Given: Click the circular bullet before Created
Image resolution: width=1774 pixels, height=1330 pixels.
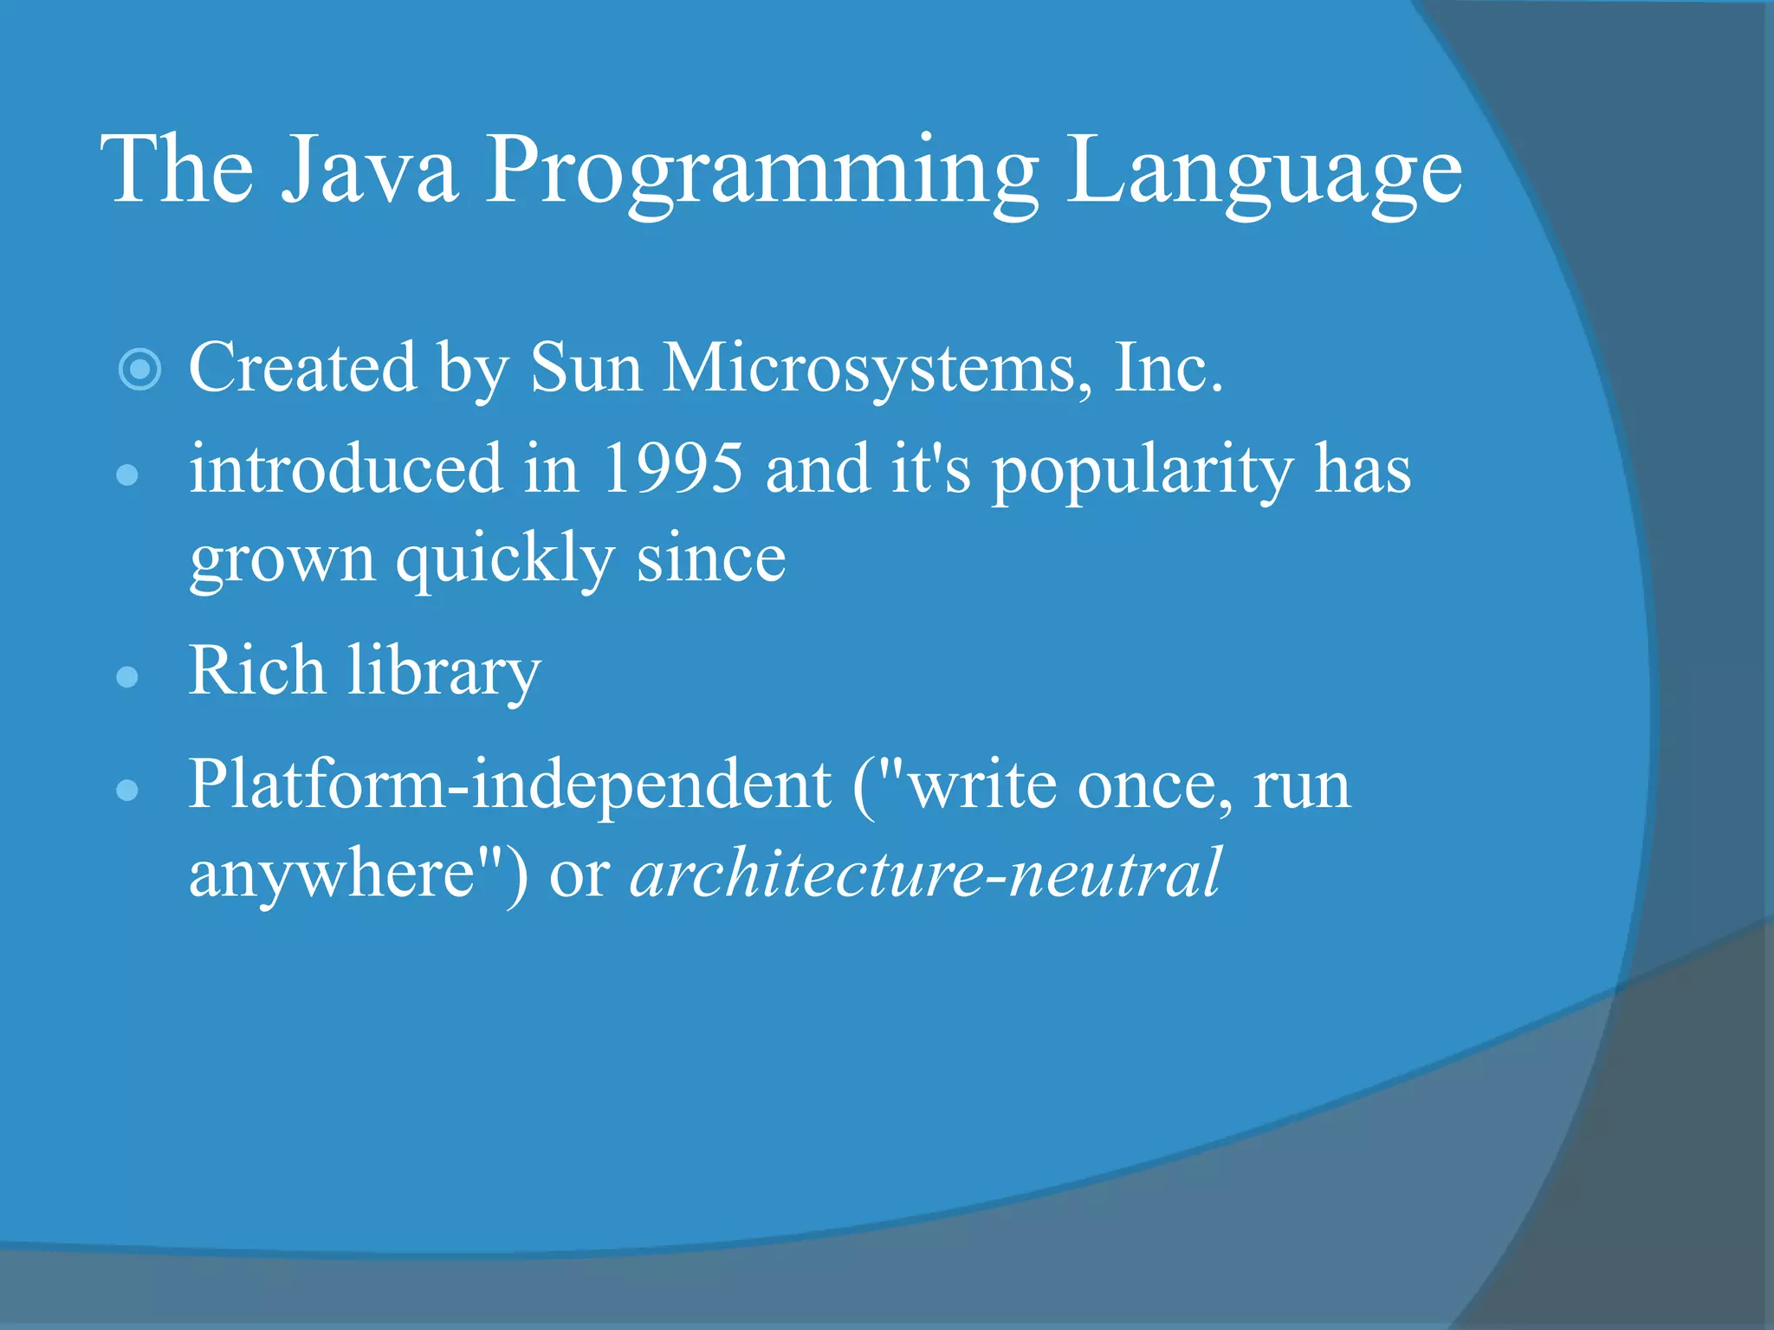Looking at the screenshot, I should tap(139, 370).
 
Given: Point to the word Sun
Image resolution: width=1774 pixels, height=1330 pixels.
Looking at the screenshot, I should tap(586, 368).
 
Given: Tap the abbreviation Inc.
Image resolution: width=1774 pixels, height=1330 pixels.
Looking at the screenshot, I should tap(1169, 368).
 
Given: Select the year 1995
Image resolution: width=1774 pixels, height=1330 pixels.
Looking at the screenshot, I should tap(672, 468).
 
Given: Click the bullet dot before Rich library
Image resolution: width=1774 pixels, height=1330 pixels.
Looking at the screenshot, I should tap(127, 676).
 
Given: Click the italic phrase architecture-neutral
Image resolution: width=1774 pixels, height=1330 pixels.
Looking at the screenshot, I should tap(926, 873).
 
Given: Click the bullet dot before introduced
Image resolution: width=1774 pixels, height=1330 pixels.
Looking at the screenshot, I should tap(127, 475).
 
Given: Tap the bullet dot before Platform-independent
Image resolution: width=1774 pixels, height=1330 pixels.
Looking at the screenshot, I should tap(127, 790).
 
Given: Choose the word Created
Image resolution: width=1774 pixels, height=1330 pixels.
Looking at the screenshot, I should tap(302, 368).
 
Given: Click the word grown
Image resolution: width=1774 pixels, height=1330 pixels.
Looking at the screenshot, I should tap(282, 560).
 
